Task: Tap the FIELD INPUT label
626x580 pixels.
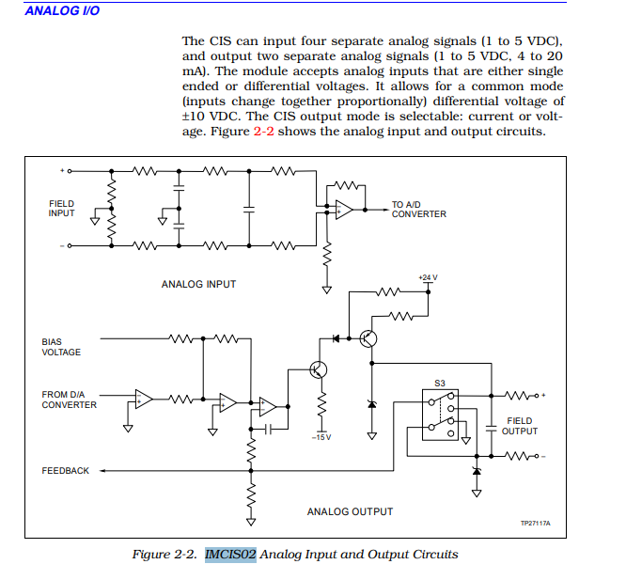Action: point(61,208)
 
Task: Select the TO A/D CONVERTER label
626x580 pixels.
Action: point(418,209)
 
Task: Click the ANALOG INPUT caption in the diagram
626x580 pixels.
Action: point(198,284)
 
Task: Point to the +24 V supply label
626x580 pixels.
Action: point(428,278)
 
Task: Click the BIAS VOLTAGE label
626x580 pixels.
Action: point(61,347)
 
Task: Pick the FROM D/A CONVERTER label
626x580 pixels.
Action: point(69,400)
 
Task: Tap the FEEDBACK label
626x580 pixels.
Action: point(65,470)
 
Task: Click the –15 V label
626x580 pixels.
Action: point(321,437)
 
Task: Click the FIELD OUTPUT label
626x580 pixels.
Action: point(519,426)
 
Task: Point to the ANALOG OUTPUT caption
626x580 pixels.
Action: point(350,511)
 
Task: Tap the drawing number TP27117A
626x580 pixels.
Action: point(535,523)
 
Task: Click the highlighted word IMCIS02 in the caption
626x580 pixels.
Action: point(230,554)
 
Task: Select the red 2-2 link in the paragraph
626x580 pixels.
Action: point(265,132)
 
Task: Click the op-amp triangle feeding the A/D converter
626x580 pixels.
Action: point(344,209)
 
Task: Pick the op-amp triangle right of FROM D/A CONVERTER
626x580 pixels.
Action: point(144,399)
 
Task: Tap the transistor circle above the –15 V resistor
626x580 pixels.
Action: point(319,369)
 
